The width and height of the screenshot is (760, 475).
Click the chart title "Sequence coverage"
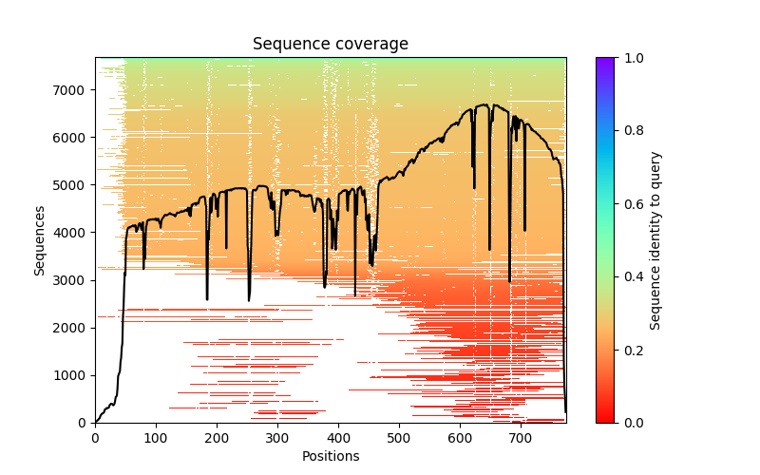pyautogui.click(x=330, y=45)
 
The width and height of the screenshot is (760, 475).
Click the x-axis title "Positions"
pyautogui.click(x=330, y=456)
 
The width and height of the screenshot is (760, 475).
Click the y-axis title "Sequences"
pyautogui.click(x=40, y=239)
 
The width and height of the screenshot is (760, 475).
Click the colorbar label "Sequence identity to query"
pyautogui.click(x=655, y=239)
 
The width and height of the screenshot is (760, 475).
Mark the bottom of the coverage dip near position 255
pyautogui.click(x=250, y=300)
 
